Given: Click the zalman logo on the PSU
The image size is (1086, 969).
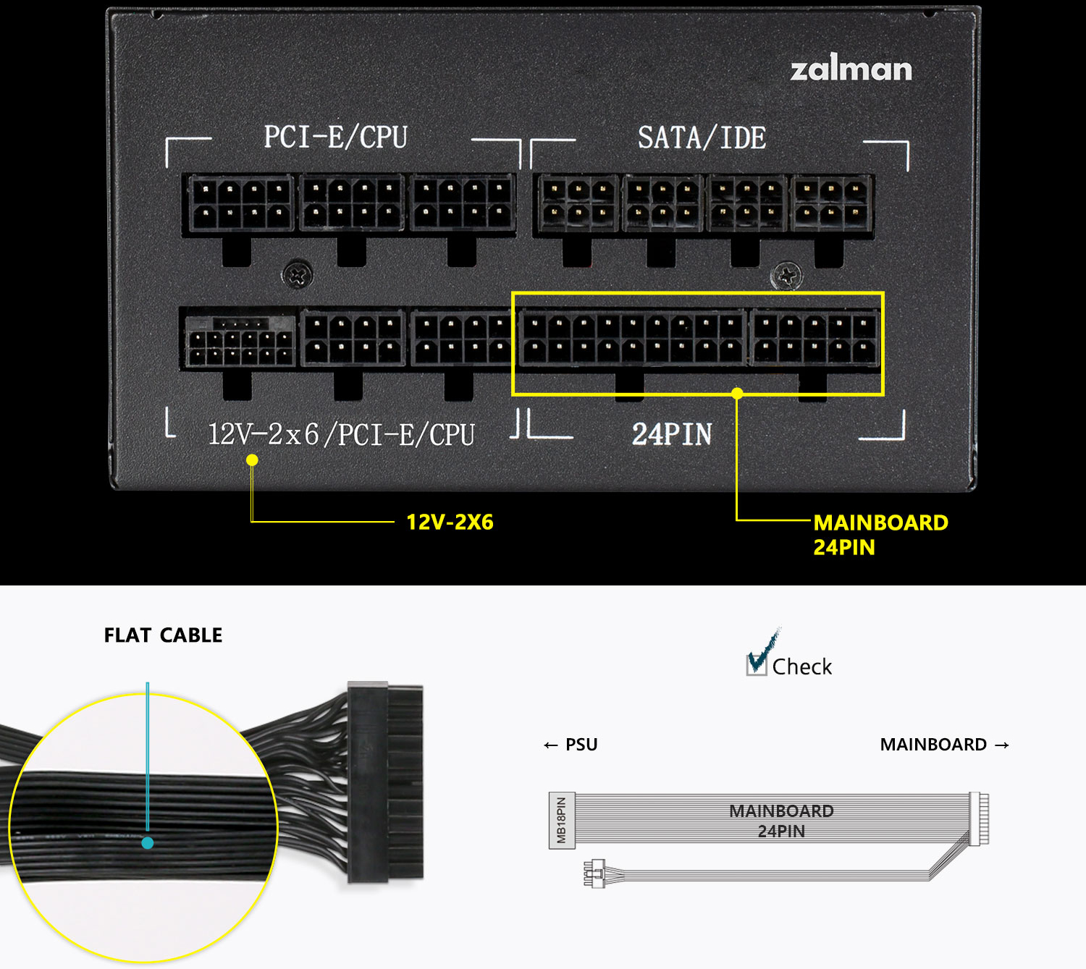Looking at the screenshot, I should (x=851, y=69).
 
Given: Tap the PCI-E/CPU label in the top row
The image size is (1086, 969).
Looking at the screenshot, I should (x=335, y=137).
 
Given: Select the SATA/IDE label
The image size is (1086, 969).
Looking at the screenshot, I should (x=702, y=137).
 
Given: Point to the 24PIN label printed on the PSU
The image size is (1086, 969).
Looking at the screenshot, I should (x=672, y=434).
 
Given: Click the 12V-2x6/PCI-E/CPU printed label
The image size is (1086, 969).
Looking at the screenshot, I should (x=341, y=434).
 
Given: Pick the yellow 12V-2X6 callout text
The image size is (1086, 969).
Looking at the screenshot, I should (x=450, y=522).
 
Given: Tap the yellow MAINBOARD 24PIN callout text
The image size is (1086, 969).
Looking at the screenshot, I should (x=880, y=534).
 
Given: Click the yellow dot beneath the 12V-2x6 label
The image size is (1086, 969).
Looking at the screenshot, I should (x=252, y=460).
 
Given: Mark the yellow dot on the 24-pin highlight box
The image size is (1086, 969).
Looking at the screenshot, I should (x=737, y=394).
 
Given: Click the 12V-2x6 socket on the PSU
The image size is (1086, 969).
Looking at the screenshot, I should (x=239, y=340).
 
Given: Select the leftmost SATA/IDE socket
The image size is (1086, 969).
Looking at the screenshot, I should (x=577, y=204).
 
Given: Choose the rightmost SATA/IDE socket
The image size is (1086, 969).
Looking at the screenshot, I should (x=830, y=204).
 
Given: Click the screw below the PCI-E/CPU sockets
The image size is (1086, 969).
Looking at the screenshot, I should (x=297, y=274).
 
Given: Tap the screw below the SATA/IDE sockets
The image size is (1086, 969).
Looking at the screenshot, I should (x=786, y=276).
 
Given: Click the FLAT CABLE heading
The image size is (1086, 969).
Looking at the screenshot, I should (x=163, y=635).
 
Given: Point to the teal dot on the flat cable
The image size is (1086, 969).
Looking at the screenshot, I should (x=148, y=843).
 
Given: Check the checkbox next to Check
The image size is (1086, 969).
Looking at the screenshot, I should (x=757, y=664).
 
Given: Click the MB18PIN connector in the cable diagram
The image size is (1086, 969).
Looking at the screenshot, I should (x=562, y=820).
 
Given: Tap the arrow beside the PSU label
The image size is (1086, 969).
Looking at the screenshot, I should (x=551, y=745).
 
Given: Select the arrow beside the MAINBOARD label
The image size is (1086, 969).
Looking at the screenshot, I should (x=1002, y=745).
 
